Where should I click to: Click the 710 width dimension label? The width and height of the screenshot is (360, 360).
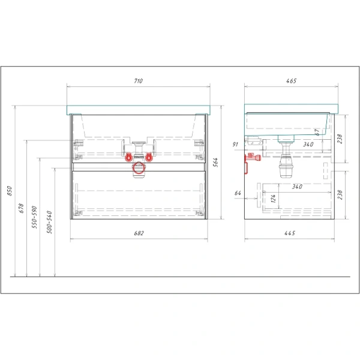click(138, 81)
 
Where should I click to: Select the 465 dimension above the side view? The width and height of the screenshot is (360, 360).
click(292, 81)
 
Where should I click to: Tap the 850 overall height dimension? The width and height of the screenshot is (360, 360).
click(10, 191)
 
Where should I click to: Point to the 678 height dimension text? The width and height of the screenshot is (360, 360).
click(22, 208)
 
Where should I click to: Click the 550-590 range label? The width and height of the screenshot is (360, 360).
click(34, 217)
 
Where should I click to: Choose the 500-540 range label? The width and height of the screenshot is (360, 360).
click(50, 222)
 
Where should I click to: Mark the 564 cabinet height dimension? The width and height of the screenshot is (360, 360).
click(215, 163)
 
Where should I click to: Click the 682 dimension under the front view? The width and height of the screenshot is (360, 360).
click(139, 233)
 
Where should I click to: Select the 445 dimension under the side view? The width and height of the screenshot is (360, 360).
click(290, 233)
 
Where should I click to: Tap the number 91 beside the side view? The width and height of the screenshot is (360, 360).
click(235, 144)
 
